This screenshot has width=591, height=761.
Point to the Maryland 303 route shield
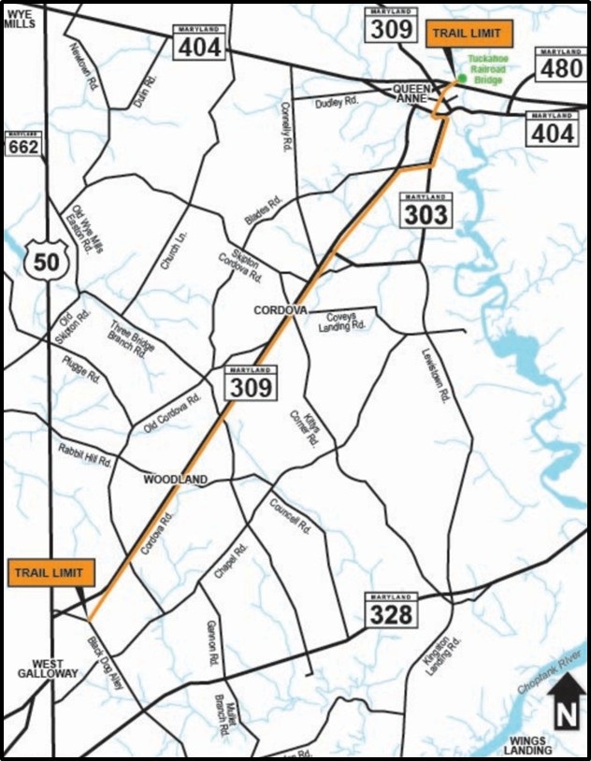coord(425,210)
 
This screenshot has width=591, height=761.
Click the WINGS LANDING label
coord(527,745)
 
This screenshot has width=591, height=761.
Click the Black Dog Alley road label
coord(113,665)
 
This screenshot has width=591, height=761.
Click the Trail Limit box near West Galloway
coord(48,572)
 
